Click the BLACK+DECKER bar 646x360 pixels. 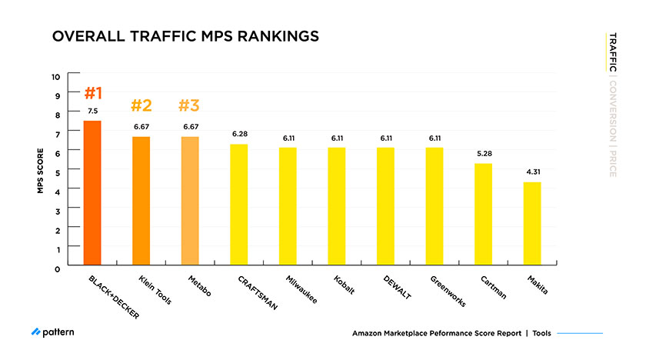92,192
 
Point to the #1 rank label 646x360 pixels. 92,94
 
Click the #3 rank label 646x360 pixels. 190,105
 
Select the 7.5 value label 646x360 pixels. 92,112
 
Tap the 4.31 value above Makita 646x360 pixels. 532,172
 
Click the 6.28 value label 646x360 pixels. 238,135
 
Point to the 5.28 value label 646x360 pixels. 483,154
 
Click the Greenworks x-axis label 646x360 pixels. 447,291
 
